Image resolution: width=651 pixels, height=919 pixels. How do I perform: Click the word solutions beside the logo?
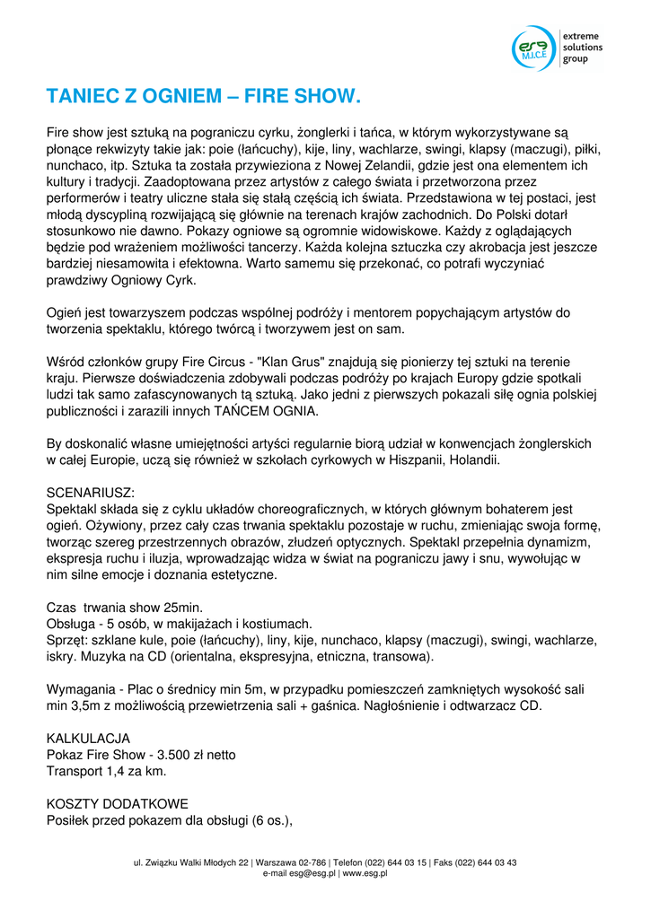(583, 48)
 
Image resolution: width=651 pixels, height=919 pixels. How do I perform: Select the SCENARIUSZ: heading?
(90, 493)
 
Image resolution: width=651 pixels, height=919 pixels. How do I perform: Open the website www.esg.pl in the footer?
(365, 872)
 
